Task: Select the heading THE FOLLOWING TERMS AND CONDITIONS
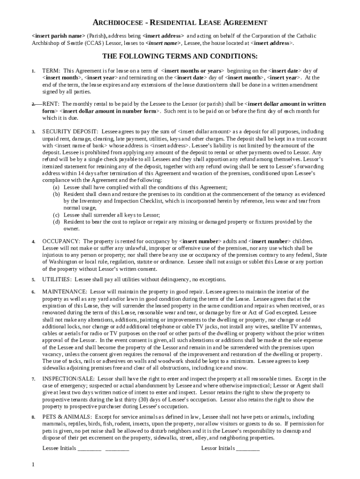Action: coord(180,57)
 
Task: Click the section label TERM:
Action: coord(51,71)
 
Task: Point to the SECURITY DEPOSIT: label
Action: coord(70,132)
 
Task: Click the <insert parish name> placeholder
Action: coord(58,36)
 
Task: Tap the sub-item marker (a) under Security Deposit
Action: coord(56,187)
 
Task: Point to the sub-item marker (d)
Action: coord(56,222)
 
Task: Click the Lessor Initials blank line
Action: coord(248,449)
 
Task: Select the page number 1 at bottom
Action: coord(33,464)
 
